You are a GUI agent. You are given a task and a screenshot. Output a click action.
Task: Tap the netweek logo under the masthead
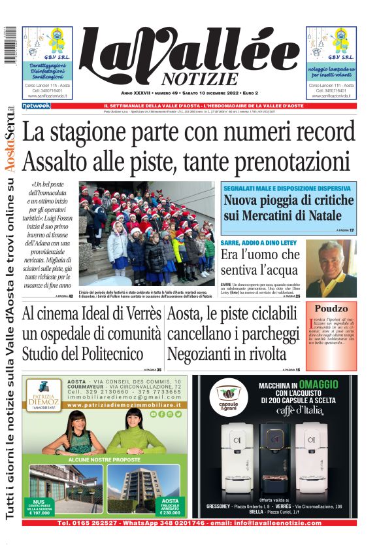point(36,105)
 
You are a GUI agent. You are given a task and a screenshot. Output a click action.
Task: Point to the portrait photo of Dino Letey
point(331,268)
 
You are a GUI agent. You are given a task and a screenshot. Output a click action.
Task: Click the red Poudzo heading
point(335,309)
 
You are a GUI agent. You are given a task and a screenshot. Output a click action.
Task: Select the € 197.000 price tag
point(40,512)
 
